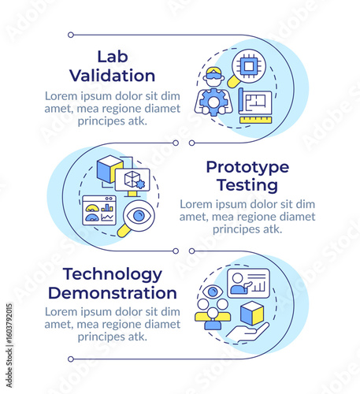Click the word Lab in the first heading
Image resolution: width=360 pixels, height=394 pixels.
[x=113, y=57]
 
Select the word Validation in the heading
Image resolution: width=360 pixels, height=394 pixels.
[x=113, y=76]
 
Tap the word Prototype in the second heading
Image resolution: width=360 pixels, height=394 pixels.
[x=247, y=169]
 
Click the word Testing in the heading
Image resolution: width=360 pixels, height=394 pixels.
[x=247, y=185]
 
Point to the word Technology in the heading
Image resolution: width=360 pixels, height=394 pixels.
[x=113, y=275]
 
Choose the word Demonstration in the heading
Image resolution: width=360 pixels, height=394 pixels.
[x=113, y=293]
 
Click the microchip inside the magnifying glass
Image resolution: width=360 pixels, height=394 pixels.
[x=249, y=66]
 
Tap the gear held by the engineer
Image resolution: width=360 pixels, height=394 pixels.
[x=213, y=102]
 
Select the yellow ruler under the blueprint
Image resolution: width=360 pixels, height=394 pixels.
[x=256, y=120]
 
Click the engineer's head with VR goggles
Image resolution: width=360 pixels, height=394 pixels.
[x=215, y=76]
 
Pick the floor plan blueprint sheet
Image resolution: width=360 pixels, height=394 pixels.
[x=255, y=102]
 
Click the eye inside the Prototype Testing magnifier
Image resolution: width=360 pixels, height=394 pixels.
[x=139, y=216]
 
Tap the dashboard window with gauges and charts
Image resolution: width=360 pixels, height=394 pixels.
[x=99, y=210]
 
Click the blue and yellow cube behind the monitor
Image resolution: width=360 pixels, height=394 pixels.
[x=109, y=169]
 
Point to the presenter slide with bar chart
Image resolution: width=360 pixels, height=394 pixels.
[x=248, y=283]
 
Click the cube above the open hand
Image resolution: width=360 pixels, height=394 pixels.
[x=252, y=314]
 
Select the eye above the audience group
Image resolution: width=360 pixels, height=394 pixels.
[x=213, y=292]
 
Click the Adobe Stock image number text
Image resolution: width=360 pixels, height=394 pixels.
[x=9, y=345]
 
